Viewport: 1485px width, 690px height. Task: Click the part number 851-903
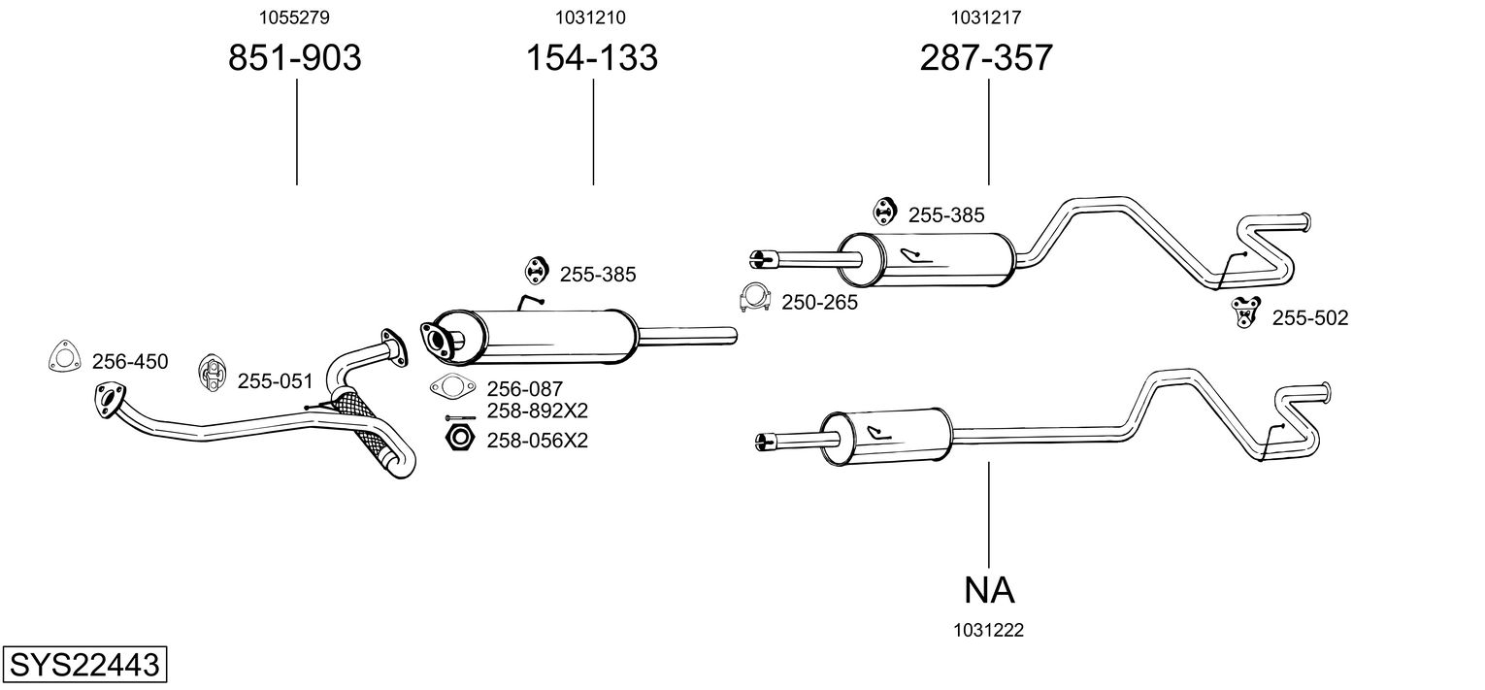coord(294,58)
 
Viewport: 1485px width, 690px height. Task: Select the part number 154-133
coord(591,58)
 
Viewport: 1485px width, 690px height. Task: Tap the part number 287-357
coord(985,58)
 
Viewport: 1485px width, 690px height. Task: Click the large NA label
coord(989,589)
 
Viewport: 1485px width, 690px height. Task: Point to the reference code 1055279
coord(295,16)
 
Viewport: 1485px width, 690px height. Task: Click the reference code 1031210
coord(590,16)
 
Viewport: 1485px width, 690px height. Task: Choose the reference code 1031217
coord(985,16)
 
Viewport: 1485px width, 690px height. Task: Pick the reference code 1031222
coord(988,631)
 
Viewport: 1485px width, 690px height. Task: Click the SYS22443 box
coord(83,666)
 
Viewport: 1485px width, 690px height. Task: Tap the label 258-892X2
coord(537,410)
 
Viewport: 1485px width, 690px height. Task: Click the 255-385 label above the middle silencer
coord(597,275)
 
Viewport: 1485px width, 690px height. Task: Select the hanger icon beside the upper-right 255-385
coord(883,210)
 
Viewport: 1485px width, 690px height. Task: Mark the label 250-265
coord(819,303)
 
